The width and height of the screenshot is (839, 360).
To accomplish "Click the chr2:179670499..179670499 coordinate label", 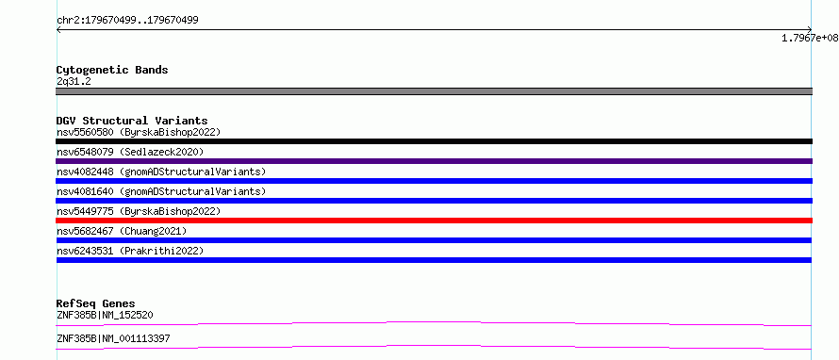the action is pyautogui.click(x=127, y=21).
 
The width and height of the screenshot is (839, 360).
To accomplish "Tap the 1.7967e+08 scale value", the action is pyautogui.click(x=810, y=38).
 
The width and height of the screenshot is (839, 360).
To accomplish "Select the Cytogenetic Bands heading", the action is pyautogui.click(x=112, y=70).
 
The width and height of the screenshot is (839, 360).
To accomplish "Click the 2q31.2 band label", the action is pyautogui.click(x=74, y=81).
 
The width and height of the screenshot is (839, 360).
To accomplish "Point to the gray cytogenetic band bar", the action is pyautogui.click(x=434, y=91).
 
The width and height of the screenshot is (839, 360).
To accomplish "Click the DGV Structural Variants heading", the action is pyautogui.click(x=132, y=121).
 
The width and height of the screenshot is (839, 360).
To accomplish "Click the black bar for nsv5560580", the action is pyautogui.click(x=434, y=141).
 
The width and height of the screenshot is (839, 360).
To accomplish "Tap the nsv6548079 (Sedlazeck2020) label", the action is pyautogui.click(x=130, y=152).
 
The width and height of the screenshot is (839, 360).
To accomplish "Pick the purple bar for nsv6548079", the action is pyautogui.click(x=434, y=161).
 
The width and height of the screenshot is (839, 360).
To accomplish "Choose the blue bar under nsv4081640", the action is pyautogui.click(x=434, y=201).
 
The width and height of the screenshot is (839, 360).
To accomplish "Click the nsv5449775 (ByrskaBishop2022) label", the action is pyautogui.click(x=138, y=211).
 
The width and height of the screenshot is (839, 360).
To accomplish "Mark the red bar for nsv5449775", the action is pyautogui.click(x=434, y=221).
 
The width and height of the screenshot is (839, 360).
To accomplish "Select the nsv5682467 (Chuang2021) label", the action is pyautogui.click(x=122, y=231).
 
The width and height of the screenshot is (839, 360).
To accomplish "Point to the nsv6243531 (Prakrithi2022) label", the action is pyautogui.click(x=130, y=251).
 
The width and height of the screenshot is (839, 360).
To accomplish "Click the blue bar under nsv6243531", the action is pyautogui.click(x=434, y=260).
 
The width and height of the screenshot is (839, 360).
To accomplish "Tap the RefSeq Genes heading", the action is pyautogui.click(x=96, y=303).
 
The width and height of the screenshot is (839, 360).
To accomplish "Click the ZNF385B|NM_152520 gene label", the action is pyautogui.click(x=105, y=315).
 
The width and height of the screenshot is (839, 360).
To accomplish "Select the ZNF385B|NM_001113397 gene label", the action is pyautogui.click(x=113, y=338).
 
